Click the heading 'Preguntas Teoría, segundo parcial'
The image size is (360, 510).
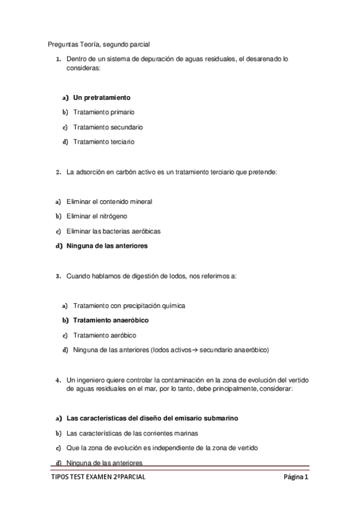[99, 44]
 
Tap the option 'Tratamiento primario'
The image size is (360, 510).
[103, 112]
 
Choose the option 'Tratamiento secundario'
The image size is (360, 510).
[108, 127]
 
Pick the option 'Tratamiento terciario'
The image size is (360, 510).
[103, 142]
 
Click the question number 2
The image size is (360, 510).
[58, 172]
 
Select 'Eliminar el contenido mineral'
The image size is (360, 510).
[109, 201]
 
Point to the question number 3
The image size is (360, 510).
[58, 276]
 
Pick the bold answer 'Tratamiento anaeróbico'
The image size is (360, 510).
[111, 321]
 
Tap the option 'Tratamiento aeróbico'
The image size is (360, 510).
[104, 335]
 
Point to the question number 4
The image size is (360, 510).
[58, 380]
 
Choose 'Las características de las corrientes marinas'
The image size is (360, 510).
[132, 433]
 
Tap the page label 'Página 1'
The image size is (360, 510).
[296, 478]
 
